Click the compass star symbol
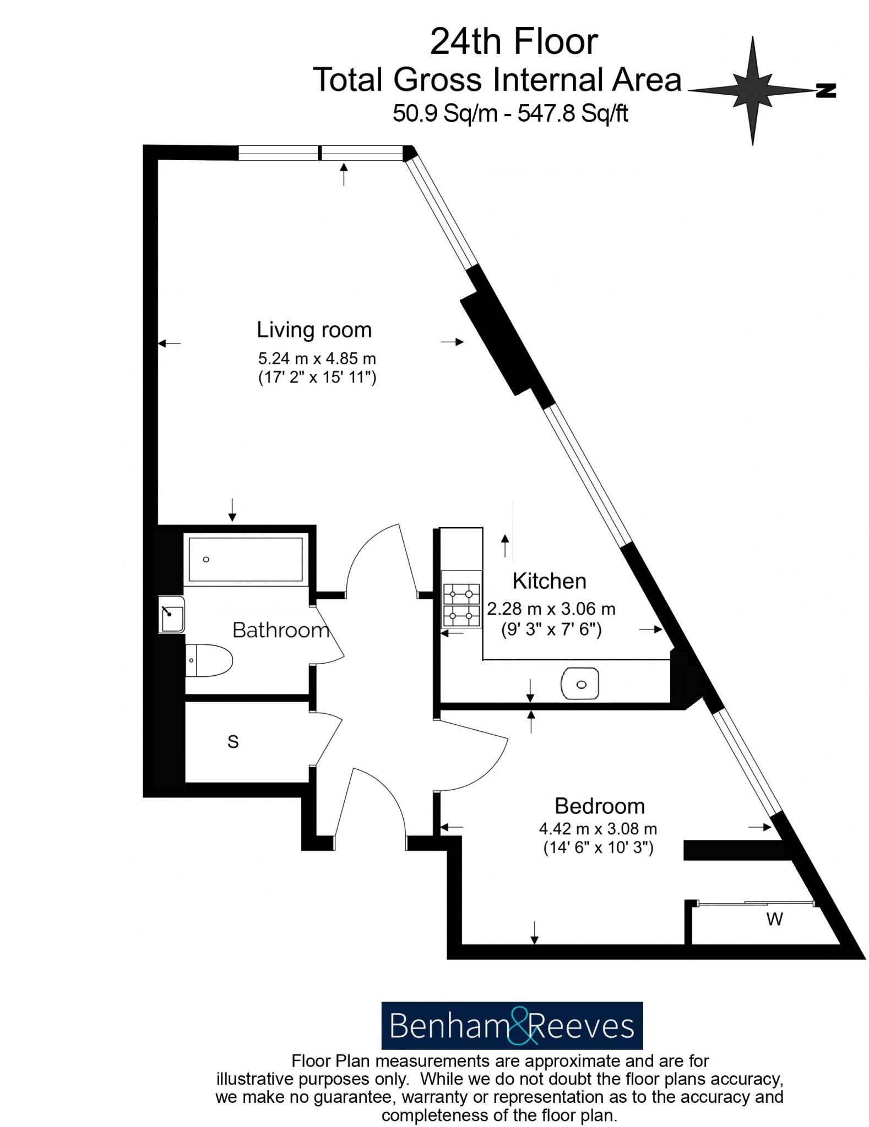click(752, 90)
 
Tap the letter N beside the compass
click(825, 91)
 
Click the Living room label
click(314, 330)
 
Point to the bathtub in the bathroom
click(246, 559)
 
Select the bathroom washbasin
click(172, 614)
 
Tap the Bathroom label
click(281, 630)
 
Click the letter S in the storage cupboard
click(233, 742)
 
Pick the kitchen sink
click(579, 684)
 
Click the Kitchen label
click(549, 581)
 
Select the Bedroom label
click(599, 806)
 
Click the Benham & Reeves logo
click(512, 1026)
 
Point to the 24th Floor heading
click(513, 42)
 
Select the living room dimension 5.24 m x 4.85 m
click(317, 359)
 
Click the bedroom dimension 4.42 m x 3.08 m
click(598, 829)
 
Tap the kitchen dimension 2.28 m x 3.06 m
click(551, 609)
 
